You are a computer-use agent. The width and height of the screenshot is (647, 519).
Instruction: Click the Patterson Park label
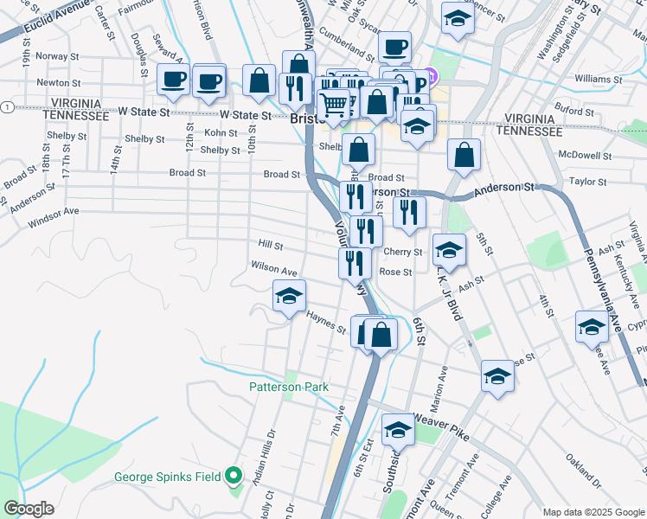click(289, 388)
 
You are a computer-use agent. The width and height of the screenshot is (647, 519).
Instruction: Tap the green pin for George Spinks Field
click(233, 476)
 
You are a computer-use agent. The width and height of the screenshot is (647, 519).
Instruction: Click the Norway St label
click(51, 56)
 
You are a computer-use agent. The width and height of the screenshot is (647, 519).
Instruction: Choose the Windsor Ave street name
click(53, 211)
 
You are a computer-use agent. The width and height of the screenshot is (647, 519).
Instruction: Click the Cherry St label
click(402, 253)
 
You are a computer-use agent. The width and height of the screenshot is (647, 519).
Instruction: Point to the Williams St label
click(593, 79)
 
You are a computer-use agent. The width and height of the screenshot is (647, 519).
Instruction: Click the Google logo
click(29, 509)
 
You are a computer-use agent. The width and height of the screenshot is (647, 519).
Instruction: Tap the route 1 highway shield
click(6, 106)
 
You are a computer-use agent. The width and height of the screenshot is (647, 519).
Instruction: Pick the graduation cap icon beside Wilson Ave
click(289, 297)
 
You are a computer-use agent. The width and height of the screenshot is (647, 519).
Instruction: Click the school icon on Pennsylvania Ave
click(592, 327)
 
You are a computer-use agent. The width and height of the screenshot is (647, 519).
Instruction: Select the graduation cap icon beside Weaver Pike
click(398, 428)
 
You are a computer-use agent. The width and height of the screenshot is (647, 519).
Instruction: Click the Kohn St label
click(221, 133)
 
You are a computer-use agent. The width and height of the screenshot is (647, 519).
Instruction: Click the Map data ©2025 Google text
click(593, 512)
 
